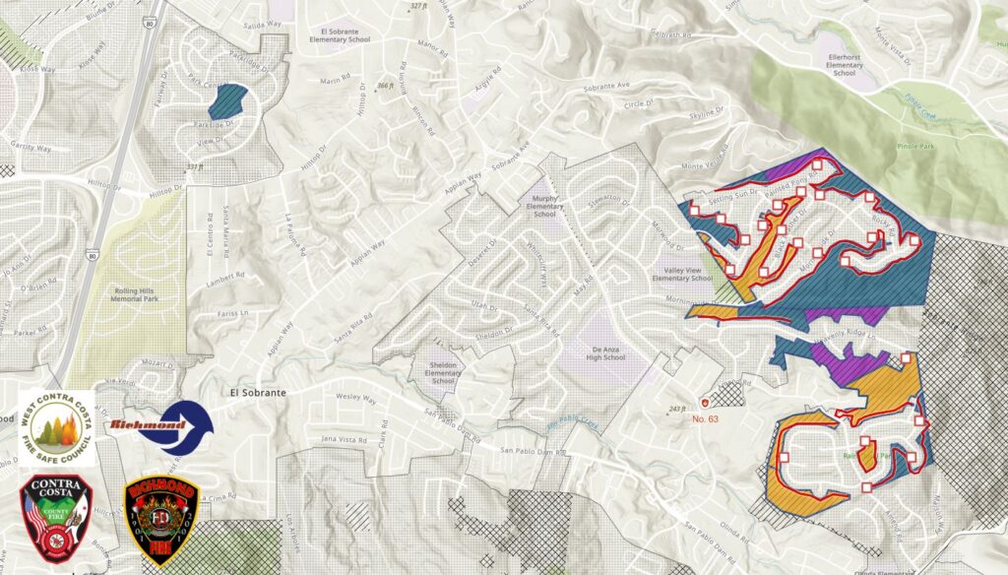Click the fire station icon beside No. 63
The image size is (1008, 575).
pyautogui.click(x=704, y=402)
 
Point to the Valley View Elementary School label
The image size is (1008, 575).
pyautogui.click(x=687, y=274)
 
